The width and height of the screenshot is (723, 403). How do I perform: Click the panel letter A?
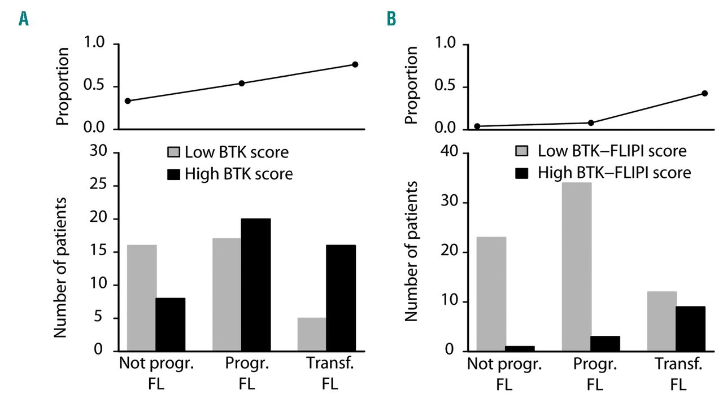pos(24,19)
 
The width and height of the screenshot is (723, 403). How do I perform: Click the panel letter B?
pos(391,19)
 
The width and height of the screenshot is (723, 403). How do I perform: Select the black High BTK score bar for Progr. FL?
pos(256,284)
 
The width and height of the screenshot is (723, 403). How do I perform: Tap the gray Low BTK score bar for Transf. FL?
pos(312,334)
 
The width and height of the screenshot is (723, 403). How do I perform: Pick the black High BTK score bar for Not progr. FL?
pos(171,324)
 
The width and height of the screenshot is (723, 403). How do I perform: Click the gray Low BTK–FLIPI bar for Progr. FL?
pos(576,266)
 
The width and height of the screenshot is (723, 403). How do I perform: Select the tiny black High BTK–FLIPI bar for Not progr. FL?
pos(520,348)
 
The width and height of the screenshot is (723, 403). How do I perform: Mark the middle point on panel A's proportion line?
pos(242,83)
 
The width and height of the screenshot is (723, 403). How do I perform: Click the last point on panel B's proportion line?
pos(704,93)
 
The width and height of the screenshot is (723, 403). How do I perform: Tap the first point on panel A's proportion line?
pos(128,101)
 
